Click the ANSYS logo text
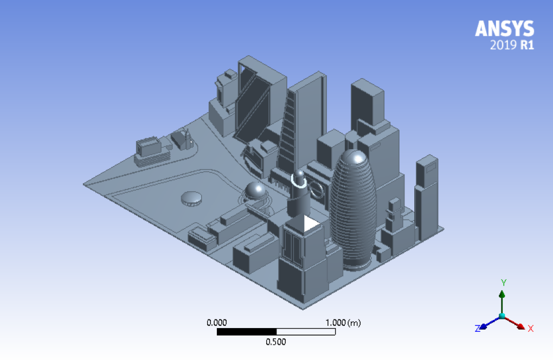click(x=505, y=29)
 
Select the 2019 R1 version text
click(x=512, y=45)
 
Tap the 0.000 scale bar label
click(x=216, y=323)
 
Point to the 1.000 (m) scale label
click(x=343, y=323)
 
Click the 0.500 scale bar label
click(x=276, y=342)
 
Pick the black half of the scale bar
click(x=247, y=331)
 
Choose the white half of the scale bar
click(x=306, y=331)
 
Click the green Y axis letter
click(x=504, y=283)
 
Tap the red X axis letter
click(x=530, y=329)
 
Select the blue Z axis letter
click(x=478, y=329)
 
